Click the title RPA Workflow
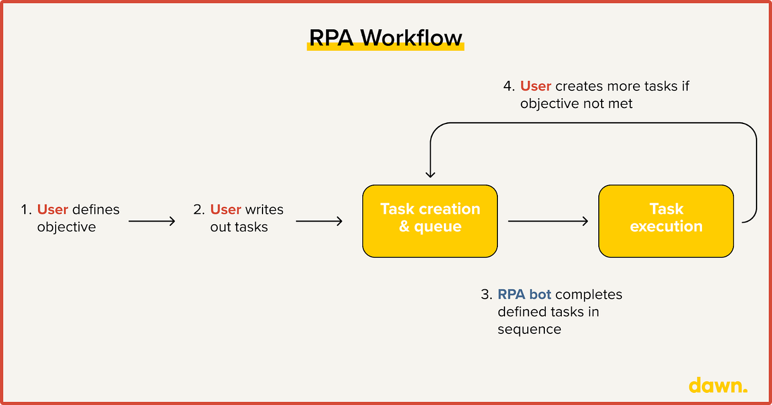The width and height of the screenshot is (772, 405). click(385, 37)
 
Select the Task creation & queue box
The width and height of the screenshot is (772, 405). click(430, 221)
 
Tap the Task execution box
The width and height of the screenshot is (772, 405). click(666, 221)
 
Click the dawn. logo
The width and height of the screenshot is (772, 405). click(718, 385)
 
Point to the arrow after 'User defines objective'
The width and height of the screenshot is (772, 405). click(152, 221)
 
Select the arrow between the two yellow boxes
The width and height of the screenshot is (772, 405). click(548, 221)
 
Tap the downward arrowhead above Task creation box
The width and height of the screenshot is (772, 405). click(431, 174)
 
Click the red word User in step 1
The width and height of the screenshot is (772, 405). click(52, 209)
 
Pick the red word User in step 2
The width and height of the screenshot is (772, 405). click(226, 209)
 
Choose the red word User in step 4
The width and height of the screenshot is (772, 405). click(535, 86)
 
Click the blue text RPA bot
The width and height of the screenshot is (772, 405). click(524, 294)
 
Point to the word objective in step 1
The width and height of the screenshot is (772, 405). click(66, 227)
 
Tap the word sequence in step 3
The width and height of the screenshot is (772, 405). click(529, 330)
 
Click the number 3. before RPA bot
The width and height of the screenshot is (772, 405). click(486, 294)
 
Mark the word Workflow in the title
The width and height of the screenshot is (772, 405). click(411, 37)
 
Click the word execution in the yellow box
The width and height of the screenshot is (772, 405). click(666, 226)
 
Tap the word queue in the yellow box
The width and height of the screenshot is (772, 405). click(438, 226)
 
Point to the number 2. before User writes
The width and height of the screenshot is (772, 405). click(199, 209)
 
